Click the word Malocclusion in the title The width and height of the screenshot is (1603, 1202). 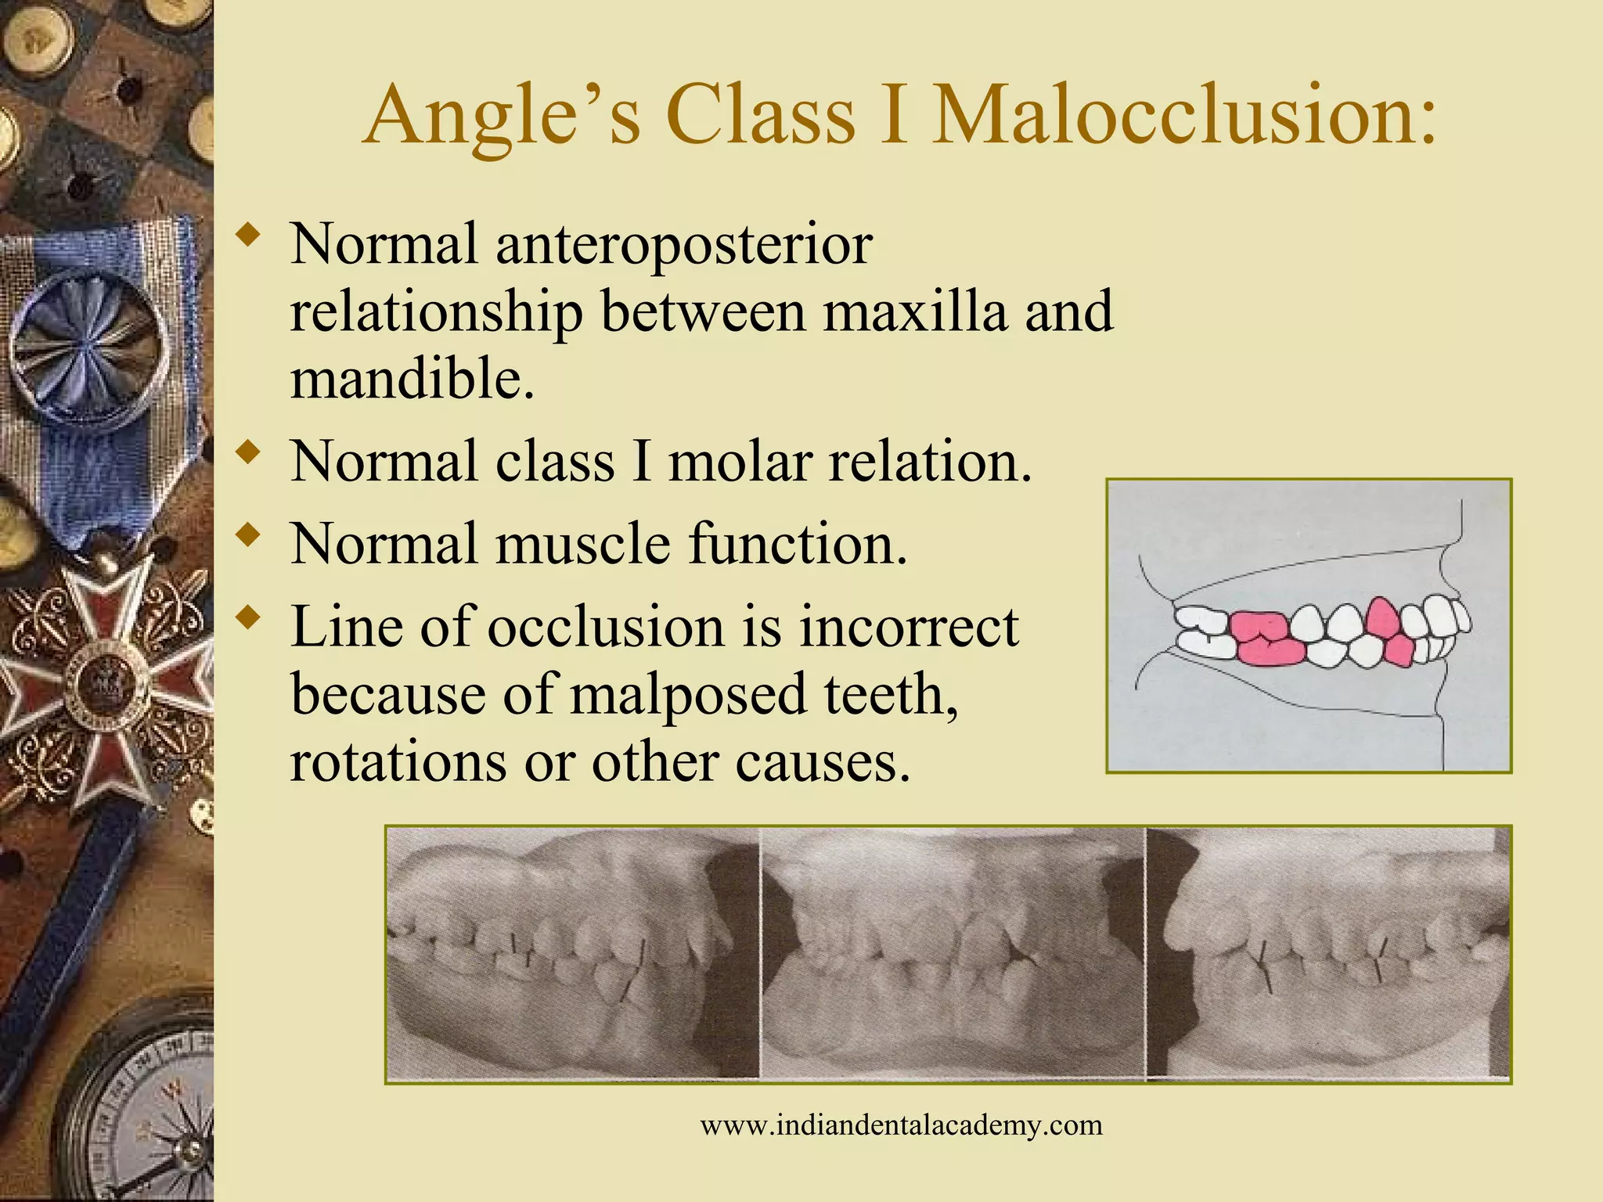click(x=1186, y=117)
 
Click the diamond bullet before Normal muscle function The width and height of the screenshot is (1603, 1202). click(x=250, y=534)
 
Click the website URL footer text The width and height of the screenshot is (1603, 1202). click(x=901, y=1126)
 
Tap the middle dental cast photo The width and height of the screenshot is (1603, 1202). click(x=953, y=955)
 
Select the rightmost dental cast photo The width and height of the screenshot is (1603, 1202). click(x=1328, y=955)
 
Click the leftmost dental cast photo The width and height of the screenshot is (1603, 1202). click(x=572, y=955)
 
